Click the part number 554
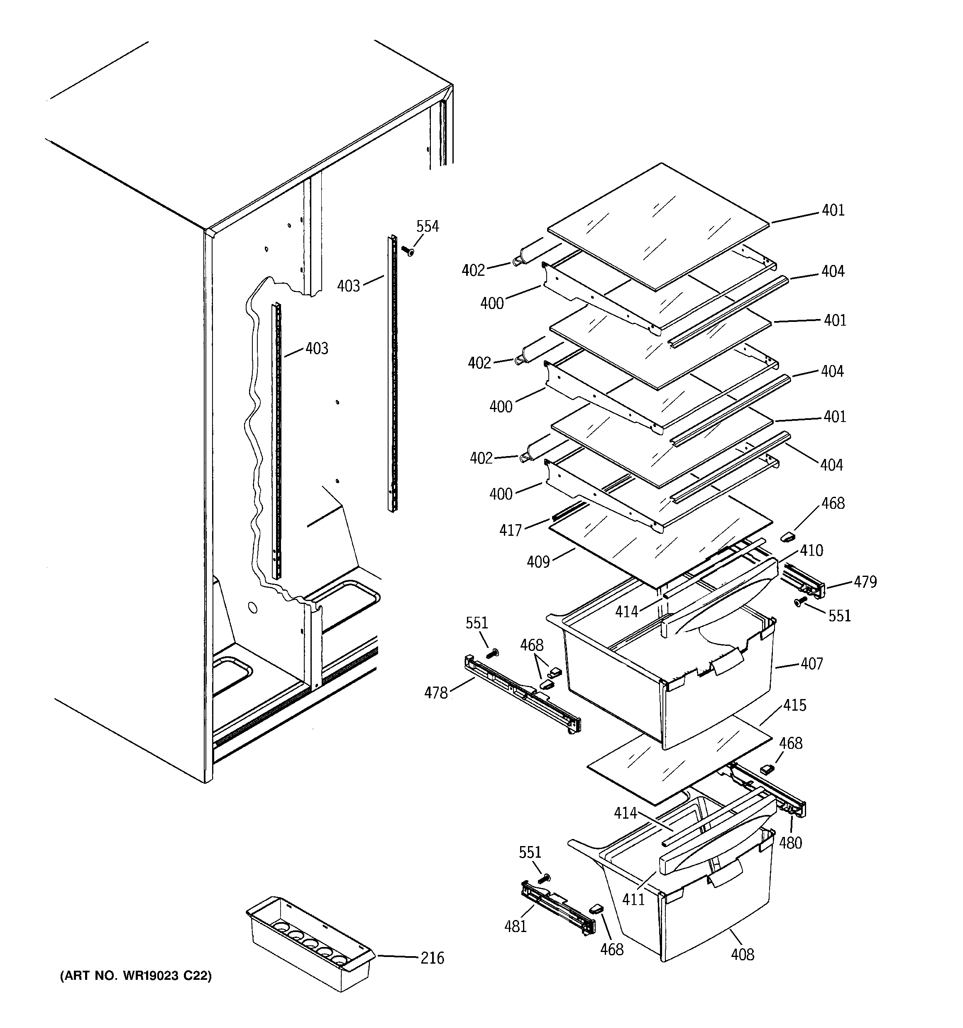tap(428, 226)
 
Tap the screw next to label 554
tap(408, 251)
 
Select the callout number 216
tap(432, 958)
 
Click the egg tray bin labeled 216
tap(309, 944)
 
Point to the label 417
tap(510, 530)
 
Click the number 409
tap(538, 562)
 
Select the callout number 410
tap(811, 551)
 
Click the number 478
tap(436, 693)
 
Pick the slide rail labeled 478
tap(522, 694)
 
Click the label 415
tap(794, 705)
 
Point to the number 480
tap(790, 844)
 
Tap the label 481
tap(516, 926)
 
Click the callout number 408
tap(742, 954)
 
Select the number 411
tap(633, 900)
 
